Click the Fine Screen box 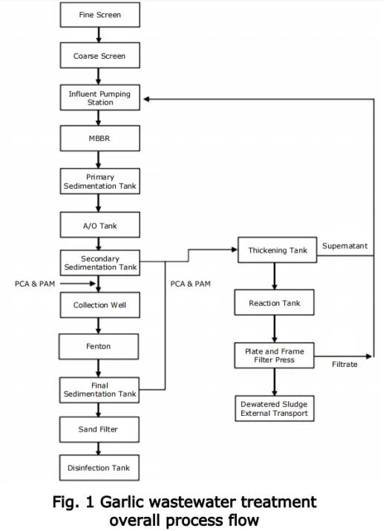point(100,15)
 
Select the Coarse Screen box point(100,56)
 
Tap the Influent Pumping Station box point(100,97)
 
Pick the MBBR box point(100,138)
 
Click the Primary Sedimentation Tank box point(100,181)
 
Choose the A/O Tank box point(100,225)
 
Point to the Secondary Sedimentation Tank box point(100,263)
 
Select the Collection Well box point(100,304)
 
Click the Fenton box point(99,346)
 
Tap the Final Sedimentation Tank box point(99,390)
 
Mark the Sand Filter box point(99,429)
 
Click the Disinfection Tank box point(99,468)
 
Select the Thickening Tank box point(278,250)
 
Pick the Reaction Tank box point(274,302)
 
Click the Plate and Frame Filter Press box point(274,356)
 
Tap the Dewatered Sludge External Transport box point(275,408)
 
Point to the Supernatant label point(344,246)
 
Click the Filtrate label point(344,365)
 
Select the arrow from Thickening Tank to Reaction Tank point(274,276)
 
